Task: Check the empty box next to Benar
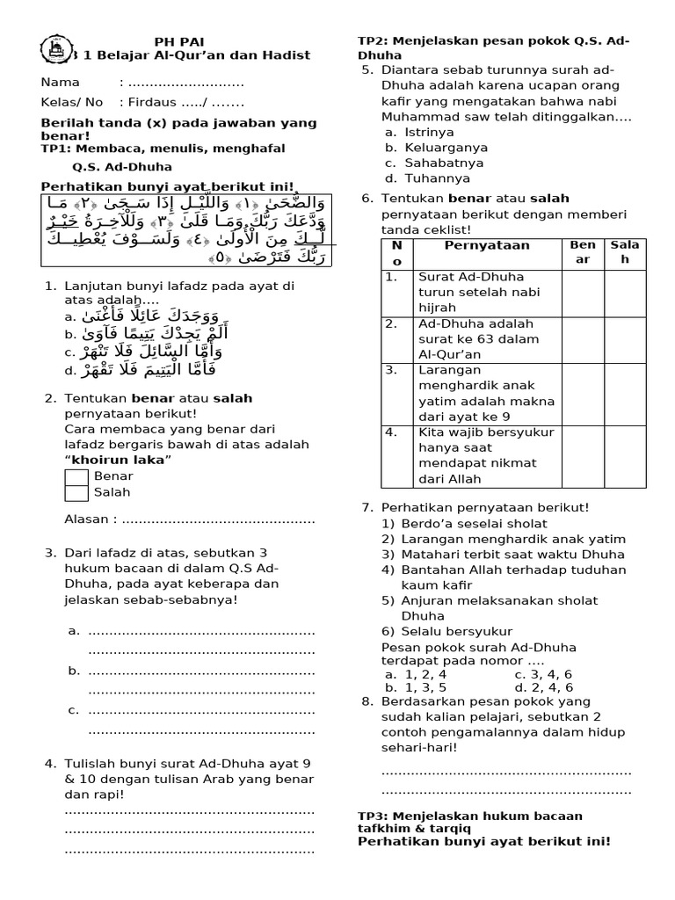click(x=76, y=477)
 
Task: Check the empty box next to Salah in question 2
click(x=76, y=493)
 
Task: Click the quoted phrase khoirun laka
click(x=120, y=460)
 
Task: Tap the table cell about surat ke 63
click(x=486, y=338)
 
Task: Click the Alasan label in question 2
click(x=91, y=519)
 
